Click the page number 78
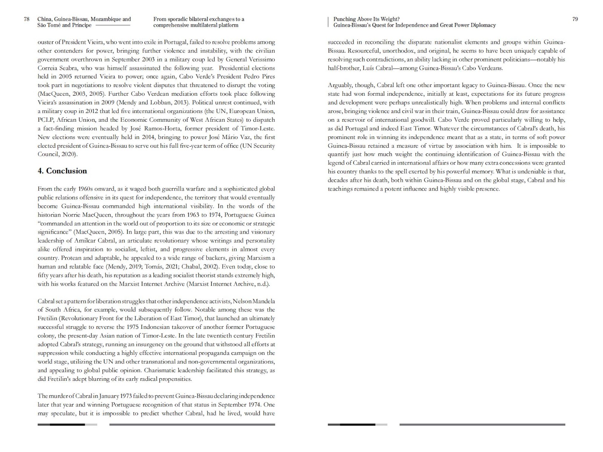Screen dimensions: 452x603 point(27,19)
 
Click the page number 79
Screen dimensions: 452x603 point(575,19)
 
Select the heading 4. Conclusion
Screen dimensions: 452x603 point(62,171)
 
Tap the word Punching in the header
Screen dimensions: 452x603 point(344,19)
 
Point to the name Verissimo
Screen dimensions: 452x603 point(262,60)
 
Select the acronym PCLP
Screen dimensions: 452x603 point(45,120)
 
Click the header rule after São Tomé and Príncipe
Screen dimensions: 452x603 point(113,25)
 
